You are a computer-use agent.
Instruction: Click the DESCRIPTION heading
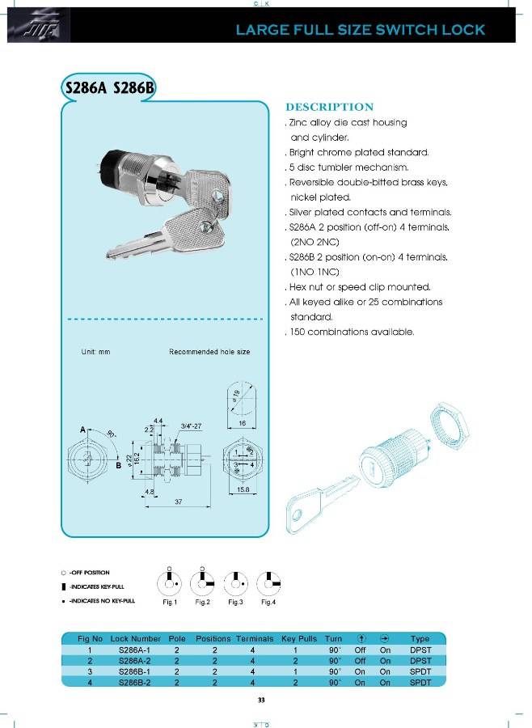point(329,107)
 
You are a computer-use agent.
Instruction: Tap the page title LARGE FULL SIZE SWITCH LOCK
point(360,30)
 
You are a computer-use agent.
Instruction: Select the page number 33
point(261,700)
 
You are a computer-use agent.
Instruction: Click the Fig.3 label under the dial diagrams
point(235,602)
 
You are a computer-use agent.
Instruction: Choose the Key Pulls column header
point(299,639)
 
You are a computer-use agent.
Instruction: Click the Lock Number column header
point(136,639)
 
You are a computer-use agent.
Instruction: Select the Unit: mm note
point(95,352)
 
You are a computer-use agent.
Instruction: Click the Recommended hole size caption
point(209,352)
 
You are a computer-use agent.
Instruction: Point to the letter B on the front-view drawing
point(118,465)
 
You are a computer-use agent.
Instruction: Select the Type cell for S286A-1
point(420,650)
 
